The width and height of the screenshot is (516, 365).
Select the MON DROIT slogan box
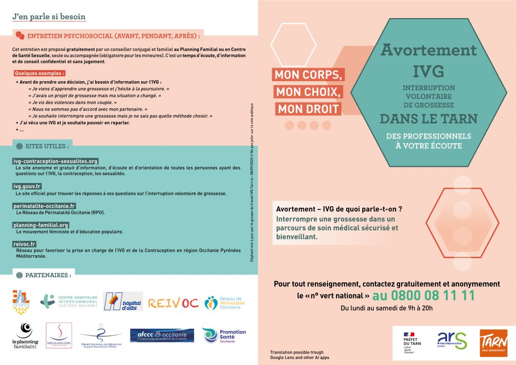click(x=308, y=108)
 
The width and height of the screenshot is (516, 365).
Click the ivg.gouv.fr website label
click(x=27, y=187)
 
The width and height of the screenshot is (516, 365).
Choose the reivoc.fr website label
click(x=24, y=244)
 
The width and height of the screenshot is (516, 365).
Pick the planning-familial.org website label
click(x=41, y=225)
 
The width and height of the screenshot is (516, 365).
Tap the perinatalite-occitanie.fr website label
click(x=44, y=206)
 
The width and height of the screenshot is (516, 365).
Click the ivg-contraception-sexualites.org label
click(x=55, y=161)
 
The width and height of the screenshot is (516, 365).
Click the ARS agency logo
click(x=451, y=341)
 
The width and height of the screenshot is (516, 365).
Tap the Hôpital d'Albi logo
click(x=123, y=301)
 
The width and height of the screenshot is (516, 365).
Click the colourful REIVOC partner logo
click(x=172, y=302)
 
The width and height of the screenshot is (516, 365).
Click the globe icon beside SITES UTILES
click(x=19, y=146)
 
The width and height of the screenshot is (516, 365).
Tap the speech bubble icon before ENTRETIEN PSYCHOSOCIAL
click(x=20, y=35)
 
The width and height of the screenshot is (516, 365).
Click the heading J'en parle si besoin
click(x=49, y=16)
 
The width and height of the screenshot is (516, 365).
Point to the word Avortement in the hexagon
click(x=428, y=50)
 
